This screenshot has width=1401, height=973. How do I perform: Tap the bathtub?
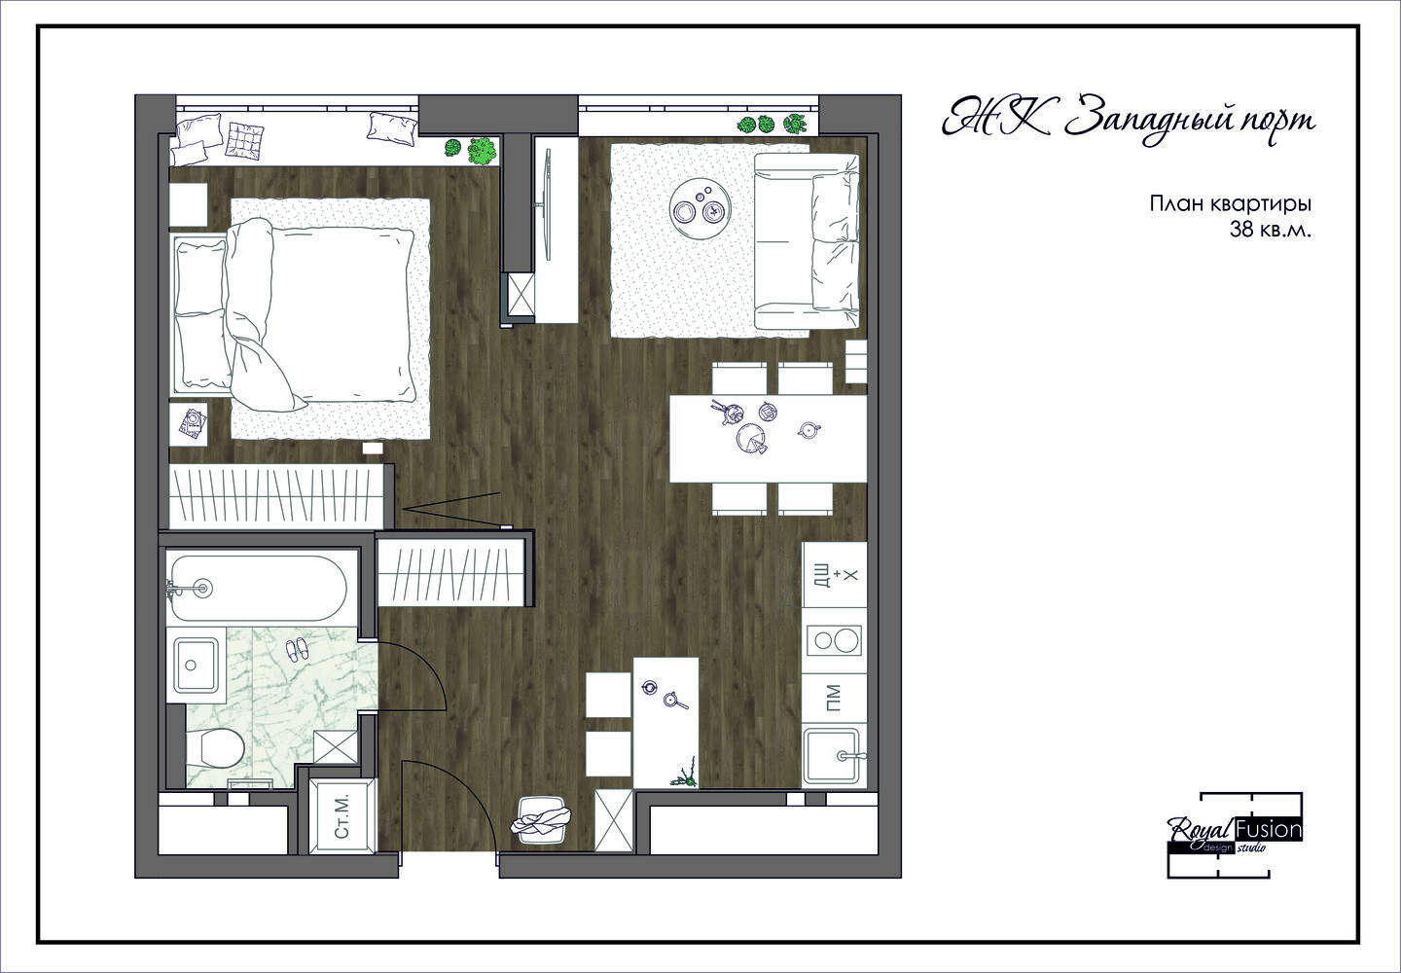(258, 589)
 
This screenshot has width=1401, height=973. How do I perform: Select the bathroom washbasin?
(196, 665)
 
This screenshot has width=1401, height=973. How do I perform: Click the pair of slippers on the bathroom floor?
(297, 649)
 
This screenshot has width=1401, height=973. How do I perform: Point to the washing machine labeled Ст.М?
(342, 815)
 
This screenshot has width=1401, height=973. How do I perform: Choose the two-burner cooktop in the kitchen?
(834, 641)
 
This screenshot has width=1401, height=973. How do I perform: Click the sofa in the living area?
(807, 240)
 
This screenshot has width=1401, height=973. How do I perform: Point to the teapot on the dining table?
(808, 430)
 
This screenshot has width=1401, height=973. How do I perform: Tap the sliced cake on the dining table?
(752, 438)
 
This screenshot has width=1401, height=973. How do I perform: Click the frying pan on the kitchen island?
(674, 701)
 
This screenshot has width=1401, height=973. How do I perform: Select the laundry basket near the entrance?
(540, 820)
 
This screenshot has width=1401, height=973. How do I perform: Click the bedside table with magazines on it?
(189, 424)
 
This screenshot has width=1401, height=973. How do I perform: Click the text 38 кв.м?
(1270, 230)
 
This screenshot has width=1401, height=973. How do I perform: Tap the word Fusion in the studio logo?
(1269, 830)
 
